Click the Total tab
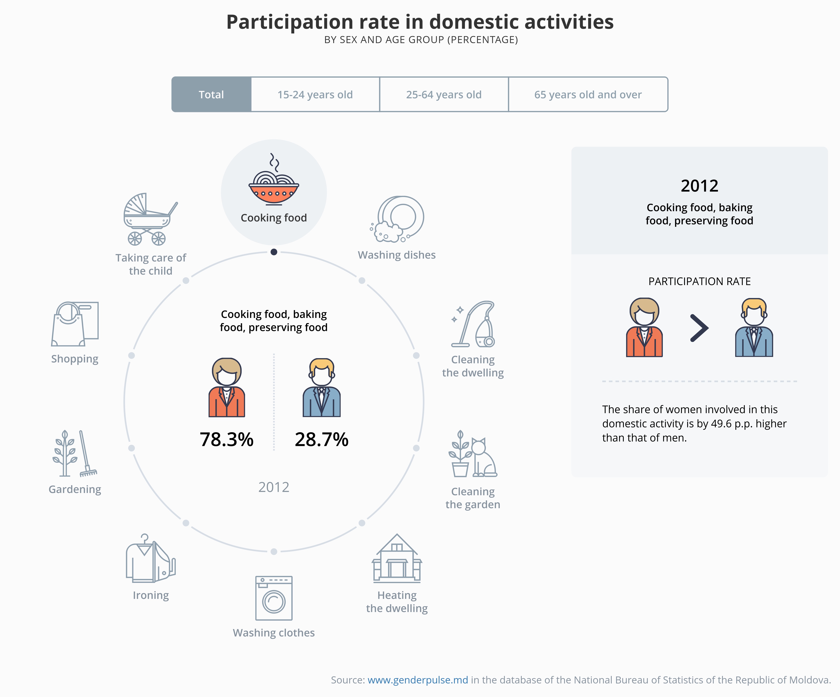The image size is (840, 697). (x=211, y=94)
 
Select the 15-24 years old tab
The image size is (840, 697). (x=315, y=94)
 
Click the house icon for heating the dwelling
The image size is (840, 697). (x=397, y=558)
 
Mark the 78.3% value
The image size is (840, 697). (x=226, y=440)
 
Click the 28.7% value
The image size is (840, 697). (x=322, y=440)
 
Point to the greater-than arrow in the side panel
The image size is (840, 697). (x=699, y=328)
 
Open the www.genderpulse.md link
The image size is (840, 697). (x=418, y=680)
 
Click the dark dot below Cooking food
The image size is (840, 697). (x=274, y=252)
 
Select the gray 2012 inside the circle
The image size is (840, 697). (x=274, y=487)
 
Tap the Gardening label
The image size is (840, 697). (x=75, y=489)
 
